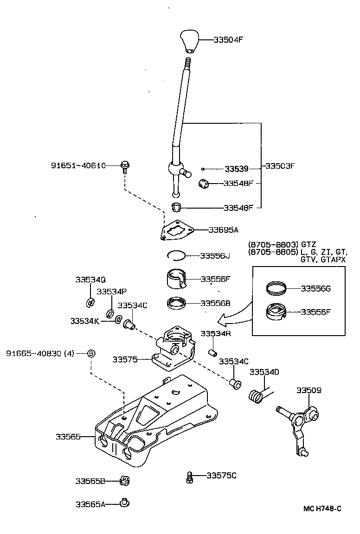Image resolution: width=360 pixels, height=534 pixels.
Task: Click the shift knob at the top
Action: [189, 41]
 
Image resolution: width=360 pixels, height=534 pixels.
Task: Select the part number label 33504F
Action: [228, 39]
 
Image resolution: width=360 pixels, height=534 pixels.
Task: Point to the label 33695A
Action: [224, 229]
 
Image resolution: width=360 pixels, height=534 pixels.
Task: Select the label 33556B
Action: [216, 303]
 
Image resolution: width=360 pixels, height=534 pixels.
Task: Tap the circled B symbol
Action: [92, 354]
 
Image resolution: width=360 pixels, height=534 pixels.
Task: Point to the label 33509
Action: [309, 390]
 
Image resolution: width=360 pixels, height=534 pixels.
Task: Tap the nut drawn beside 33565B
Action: [124, 481]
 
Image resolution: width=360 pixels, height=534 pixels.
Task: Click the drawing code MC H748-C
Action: [322, 509]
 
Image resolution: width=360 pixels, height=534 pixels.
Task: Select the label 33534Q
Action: [90, 280]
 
